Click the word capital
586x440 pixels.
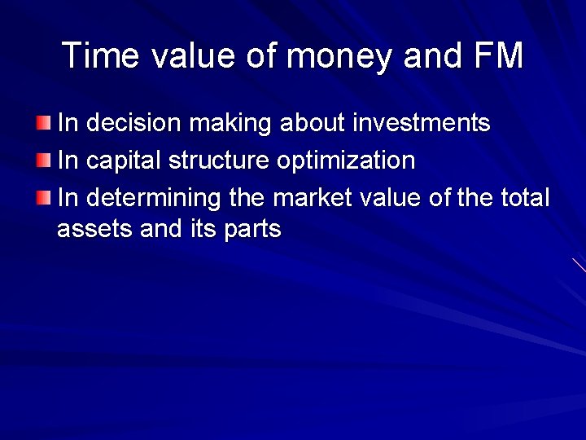125,161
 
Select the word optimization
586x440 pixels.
346,161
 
